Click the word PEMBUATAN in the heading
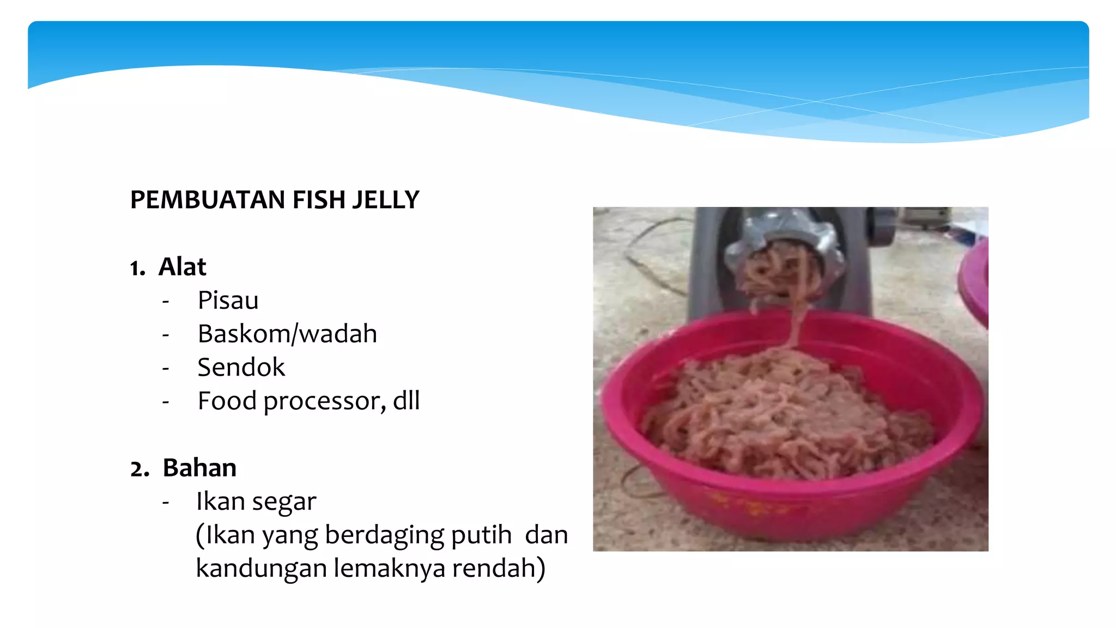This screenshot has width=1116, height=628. [208, 200]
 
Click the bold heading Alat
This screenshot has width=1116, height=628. [182, 267]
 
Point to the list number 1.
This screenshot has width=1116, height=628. [137, 268]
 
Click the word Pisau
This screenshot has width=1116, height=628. [228, 300]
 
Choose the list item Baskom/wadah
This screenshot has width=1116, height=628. [287, 334]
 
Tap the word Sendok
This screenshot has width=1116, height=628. [241, 367]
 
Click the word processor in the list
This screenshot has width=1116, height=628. [325, 402]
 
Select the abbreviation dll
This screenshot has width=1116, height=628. [407, 401]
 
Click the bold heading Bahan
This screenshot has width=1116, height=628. [199, 468]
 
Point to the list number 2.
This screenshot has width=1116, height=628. [139, 469]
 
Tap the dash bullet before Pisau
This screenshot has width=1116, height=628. [166, 301]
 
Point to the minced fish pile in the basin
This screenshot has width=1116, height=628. [785, 414]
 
